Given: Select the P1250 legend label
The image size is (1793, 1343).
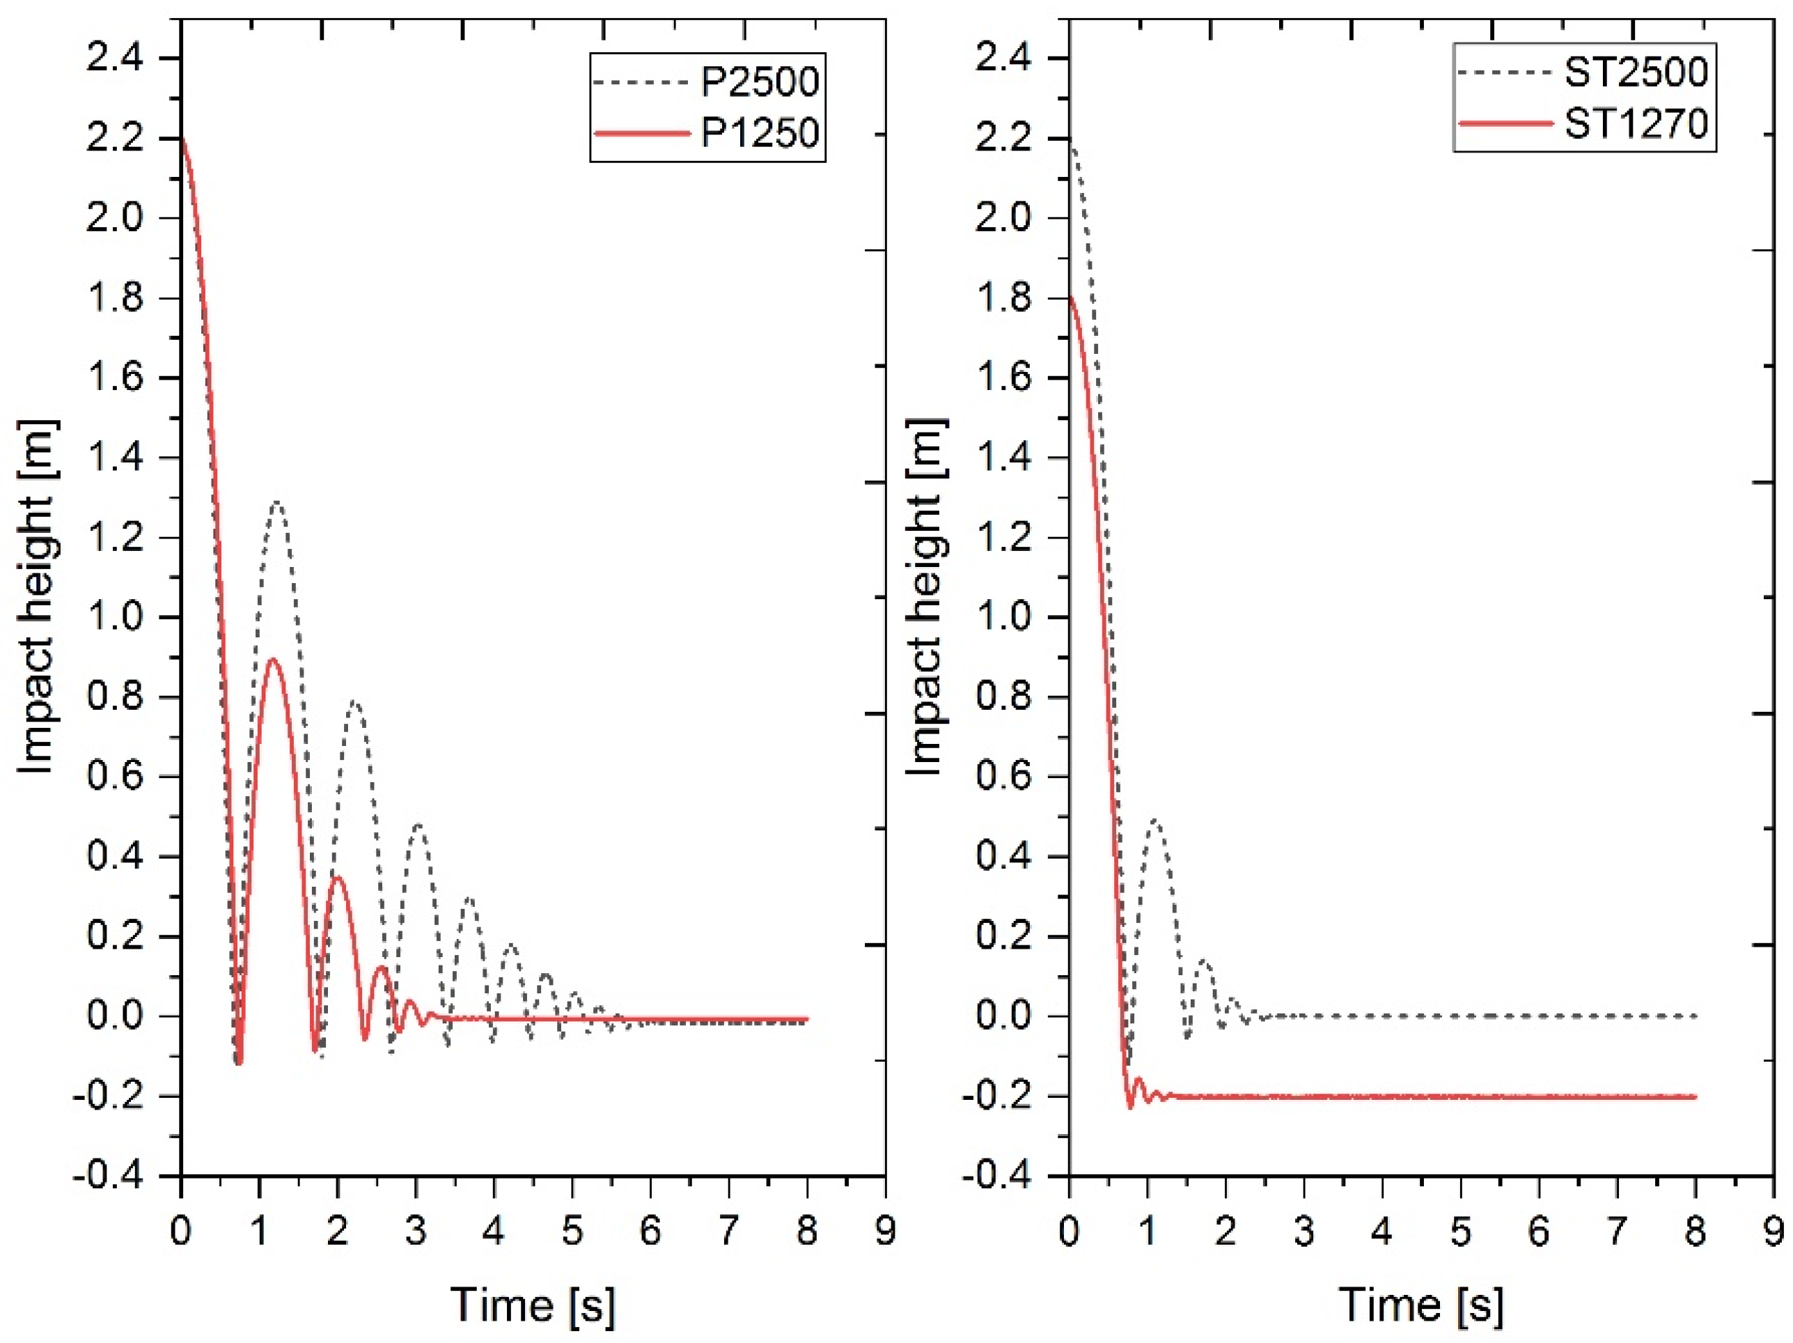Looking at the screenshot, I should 760,132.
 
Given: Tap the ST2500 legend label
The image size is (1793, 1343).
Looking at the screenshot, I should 1636,72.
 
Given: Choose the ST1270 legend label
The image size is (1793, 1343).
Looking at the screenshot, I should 1636,124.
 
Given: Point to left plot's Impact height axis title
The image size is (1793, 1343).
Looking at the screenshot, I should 36,598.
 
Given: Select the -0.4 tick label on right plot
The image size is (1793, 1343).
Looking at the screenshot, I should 996,1176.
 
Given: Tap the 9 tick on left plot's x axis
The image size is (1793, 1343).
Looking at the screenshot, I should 884,1231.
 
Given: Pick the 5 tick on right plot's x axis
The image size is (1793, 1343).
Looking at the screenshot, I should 1461,1231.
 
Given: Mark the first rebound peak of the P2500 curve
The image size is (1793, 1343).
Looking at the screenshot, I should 278,503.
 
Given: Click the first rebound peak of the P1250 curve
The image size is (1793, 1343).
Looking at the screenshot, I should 272,658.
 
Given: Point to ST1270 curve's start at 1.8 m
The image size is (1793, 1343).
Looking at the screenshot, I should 1071,297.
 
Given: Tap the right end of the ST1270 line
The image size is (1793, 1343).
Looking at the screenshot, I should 1694,1096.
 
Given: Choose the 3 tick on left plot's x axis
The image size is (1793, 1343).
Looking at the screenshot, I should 416,1231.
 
